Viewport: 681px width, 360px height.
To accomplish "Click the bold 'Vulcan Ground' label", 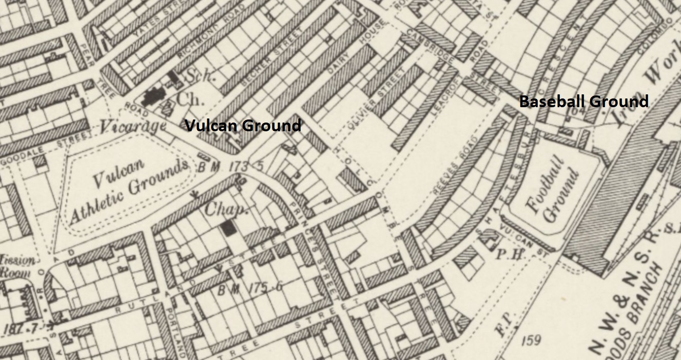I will pyautogui.click(x=243, y=126).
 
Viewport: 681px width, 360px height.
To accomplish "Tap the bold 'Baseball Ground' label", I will pyautogui.click(x=583, y=102).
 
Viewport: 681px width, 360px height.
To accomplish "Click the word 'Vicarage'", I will pyautogui.click(x=133, y=126).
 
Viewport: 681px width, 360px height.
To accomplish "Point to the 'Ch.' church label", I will pyautogui.click(x=191, y=98).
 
